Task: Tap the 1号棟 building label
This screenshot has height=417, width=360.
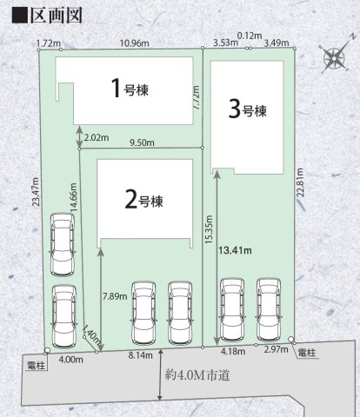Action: (x=130, y=88)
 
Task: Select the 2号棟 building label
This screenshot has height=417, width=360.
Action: (x=143, y=199)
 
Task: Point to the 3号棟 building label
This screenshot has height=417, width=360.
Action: (x=247, y=109)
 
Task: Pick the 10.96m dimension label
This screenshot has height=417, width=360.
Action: (x=135, y=43)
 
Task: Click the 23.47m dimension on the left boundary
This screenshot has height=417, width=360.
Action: (x=36, y=192)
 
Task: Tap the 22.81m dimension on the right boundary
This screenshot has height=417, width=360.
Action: (x=300, y=182)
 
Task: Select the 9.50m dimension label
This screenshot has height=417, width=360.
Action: (x=142, y=142)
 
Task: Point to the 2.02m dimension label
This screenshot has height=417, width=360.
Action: (x=97, y=137)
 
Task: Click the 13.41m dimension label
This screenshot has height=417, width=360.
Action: (x=235, y=250)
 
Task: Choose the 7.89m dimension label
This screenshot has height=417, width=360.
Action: (x=115, y=296)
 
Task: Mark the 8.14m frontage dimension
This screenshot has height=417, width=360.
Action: (x=140, y=355)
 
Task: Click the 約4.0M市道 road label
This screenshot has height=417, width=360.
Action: (x=197, y=375)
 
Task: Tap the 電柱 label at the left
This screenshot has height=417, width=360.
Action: (x=36, y=366)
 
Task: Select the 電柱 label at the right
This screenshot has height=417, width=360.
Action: (x=307, y=353)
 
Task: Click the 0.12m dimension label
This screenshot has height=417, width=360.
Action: (x=250, y=36)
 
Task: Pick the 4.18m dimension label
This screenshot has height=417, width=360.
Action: (x=233, y=352)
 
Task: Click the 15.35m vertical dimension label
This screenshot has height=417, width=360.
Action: (x=209, y=229)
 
